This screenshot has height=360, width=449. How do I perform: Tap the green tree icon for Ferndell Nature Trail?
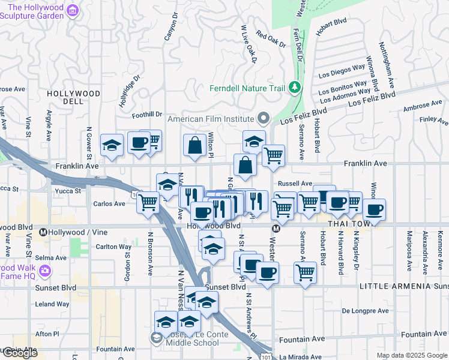coord(295,88)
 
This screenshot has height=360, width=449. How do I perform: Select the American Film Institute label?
coord(211,118)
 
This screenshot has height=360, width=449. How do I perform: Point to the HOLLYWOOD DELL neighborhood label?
coord(74,97)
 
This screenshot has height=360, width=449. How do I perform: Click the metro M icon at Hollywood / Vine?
coord(43,232)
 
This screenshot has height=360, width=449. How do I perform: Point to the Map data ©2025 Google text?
coord(412,355)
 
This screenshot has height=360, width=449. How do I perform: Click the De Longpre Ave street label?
coord(365,311)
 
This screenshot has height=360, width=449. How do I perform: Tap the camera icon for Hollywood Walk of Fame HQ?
coord(44,272)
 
